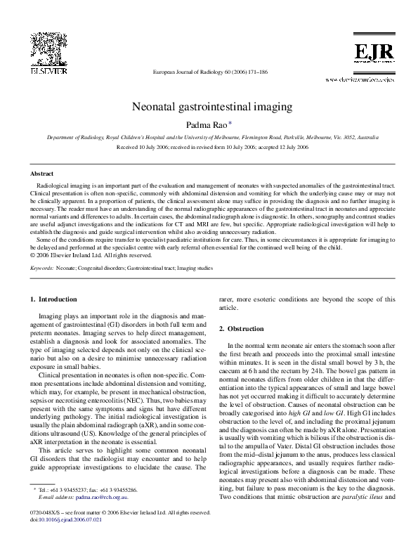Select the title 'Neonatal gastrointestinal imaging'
coord(209,108)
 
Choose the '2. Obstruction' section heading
coord(242,329)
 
